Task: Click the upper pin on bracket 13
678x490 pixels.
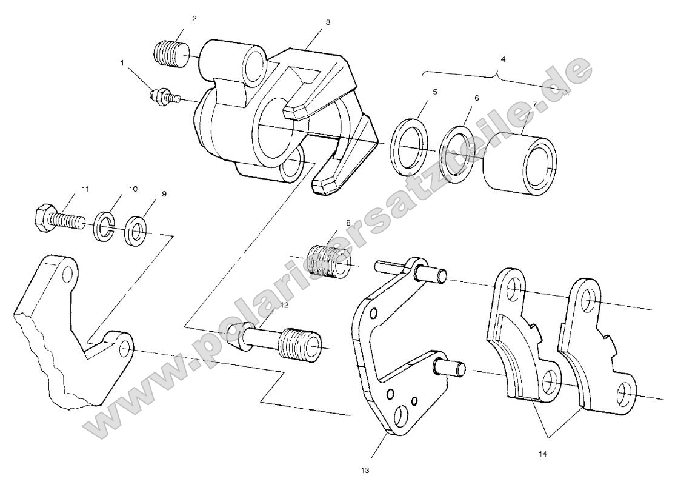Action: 433,275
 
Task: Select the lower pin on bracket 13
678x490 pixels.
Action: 451,367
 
